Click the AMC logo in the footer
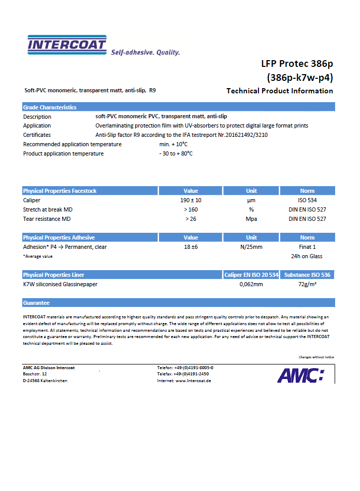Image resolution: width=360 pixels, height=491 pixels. [x=300, y=374]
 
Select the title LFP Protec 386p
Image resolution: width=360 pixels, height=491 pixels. [x=297, y=64]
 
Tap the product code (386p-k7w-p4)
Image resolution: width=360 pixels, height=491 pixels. [x=300, y=78]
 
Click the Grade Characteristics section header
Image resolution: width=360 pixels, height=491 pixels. [x=50, y=107]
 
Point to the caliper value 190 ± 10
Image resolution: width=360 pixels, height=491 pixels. [x=191, y=200]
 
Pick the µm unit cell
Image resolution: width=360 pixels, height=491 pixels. [x=251, y=200]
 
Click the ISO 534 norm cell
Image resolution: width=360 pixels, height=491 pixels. [x=307, y=200]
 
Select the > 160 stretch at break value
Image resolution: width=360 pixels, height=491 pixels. [x=191, y=209]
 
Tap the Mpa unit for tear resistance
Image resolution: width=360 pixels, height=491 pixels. [x=251, y=219]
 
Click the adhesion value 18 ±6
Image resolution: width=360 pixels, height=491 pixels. [x=191, y=247]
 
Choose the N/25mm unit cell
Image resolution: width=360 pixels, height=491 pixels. [x=251, y=247]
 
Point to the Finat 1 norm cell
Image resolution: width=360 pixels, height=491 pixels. [x=307, y=247]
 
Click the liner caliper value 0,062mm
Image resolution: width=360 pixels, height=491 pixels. [x=251, y=284]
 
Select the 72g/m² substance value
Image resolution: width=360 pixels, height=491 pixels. [x=307, y=284]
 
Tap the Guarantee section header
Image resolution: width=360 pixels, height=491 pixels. [x=36, y=302]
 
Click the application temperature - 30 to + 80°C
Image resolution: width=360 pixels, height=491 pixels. [x=176, y=153]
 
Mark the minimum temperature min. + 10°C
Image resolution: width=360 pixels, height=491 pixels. [x=174, y=144]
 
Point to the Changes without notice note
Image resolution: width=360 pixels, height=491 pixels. [x=316, y=357]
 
